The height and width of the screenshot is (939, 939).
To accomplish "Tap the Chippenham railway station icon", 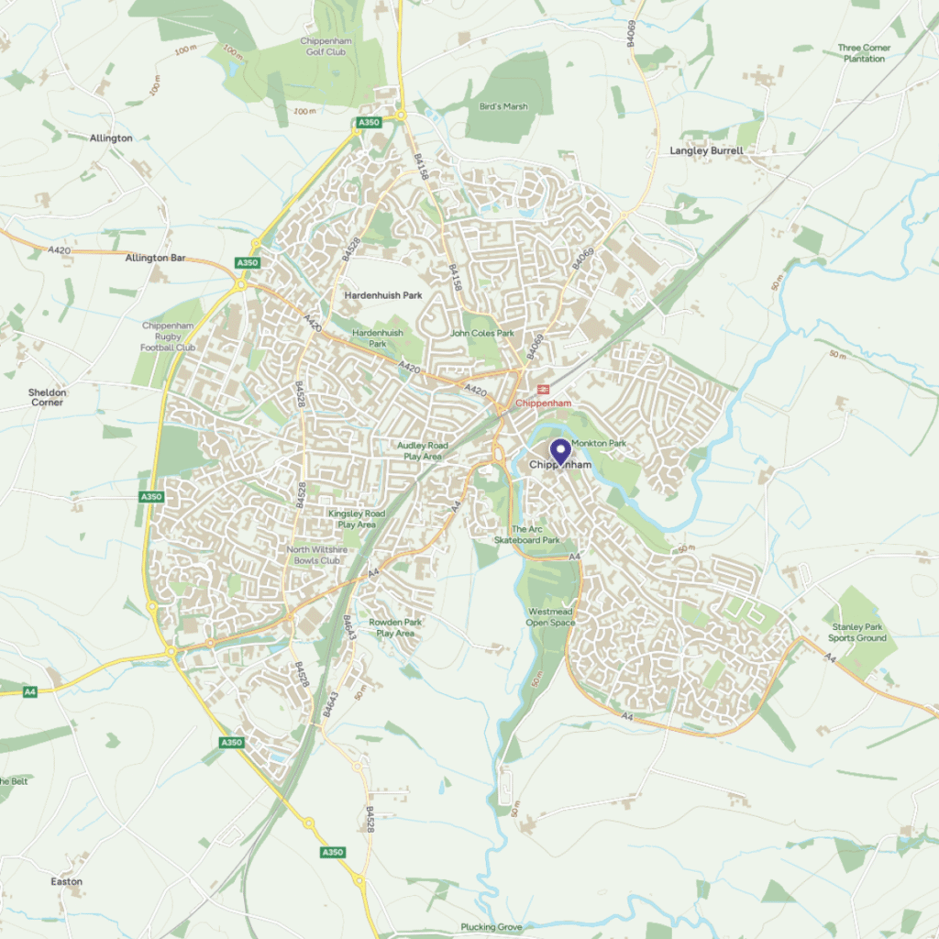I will point(544,389).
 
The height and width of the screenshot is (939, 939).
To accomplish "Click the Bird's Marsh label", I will point(503,106).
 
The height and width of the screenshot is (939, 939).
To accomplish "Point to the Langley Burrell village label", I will point(706,150).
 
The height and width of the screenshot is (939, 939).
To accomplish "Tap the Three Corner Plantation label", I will point(862,53).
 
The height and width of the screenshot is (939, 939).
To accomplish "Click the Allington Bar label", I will point(155,259).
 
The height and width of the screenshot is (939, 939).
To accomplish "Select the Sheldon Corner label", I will point(47,397).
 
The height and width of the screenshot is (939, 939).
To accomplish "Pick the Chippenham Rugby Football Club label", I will point(168,337).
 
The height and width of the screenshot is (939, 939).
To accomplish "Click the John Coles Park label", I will point(482,334).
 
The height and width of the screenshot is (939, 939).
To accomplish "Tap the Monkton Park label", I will point(599,444).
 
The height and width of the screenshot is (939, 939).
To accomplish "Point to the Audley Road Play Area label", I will point(422,450).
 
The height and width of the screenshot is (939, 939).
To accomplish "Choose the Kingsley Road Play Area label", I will point(357,519).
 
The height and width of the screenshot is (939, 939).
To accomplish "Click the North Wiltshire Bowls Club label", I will point(314,555).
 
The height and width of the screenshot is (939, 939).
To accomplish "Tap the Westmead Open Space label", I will point(551,617).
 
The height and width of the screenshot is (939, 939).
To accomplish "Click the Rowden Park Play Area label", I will point(395,627).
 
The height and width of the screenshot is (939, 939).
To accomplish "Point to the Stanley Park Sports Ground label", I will point(857,633).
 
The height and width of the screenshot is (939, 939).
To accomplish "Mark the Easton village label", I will point(66,882).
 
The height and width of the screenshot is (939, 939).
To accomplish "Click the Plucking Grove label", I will point(492,927).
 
